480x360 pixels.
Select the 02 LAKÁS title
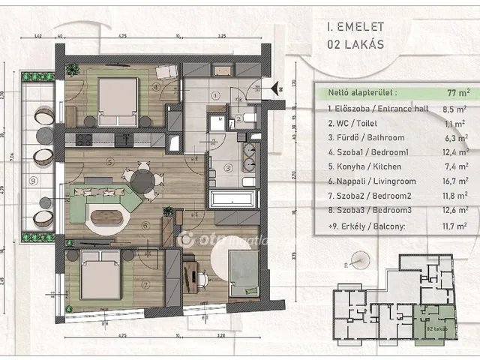coord(355,43)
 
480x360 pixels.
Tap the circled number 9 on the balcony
coord(32,180)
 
